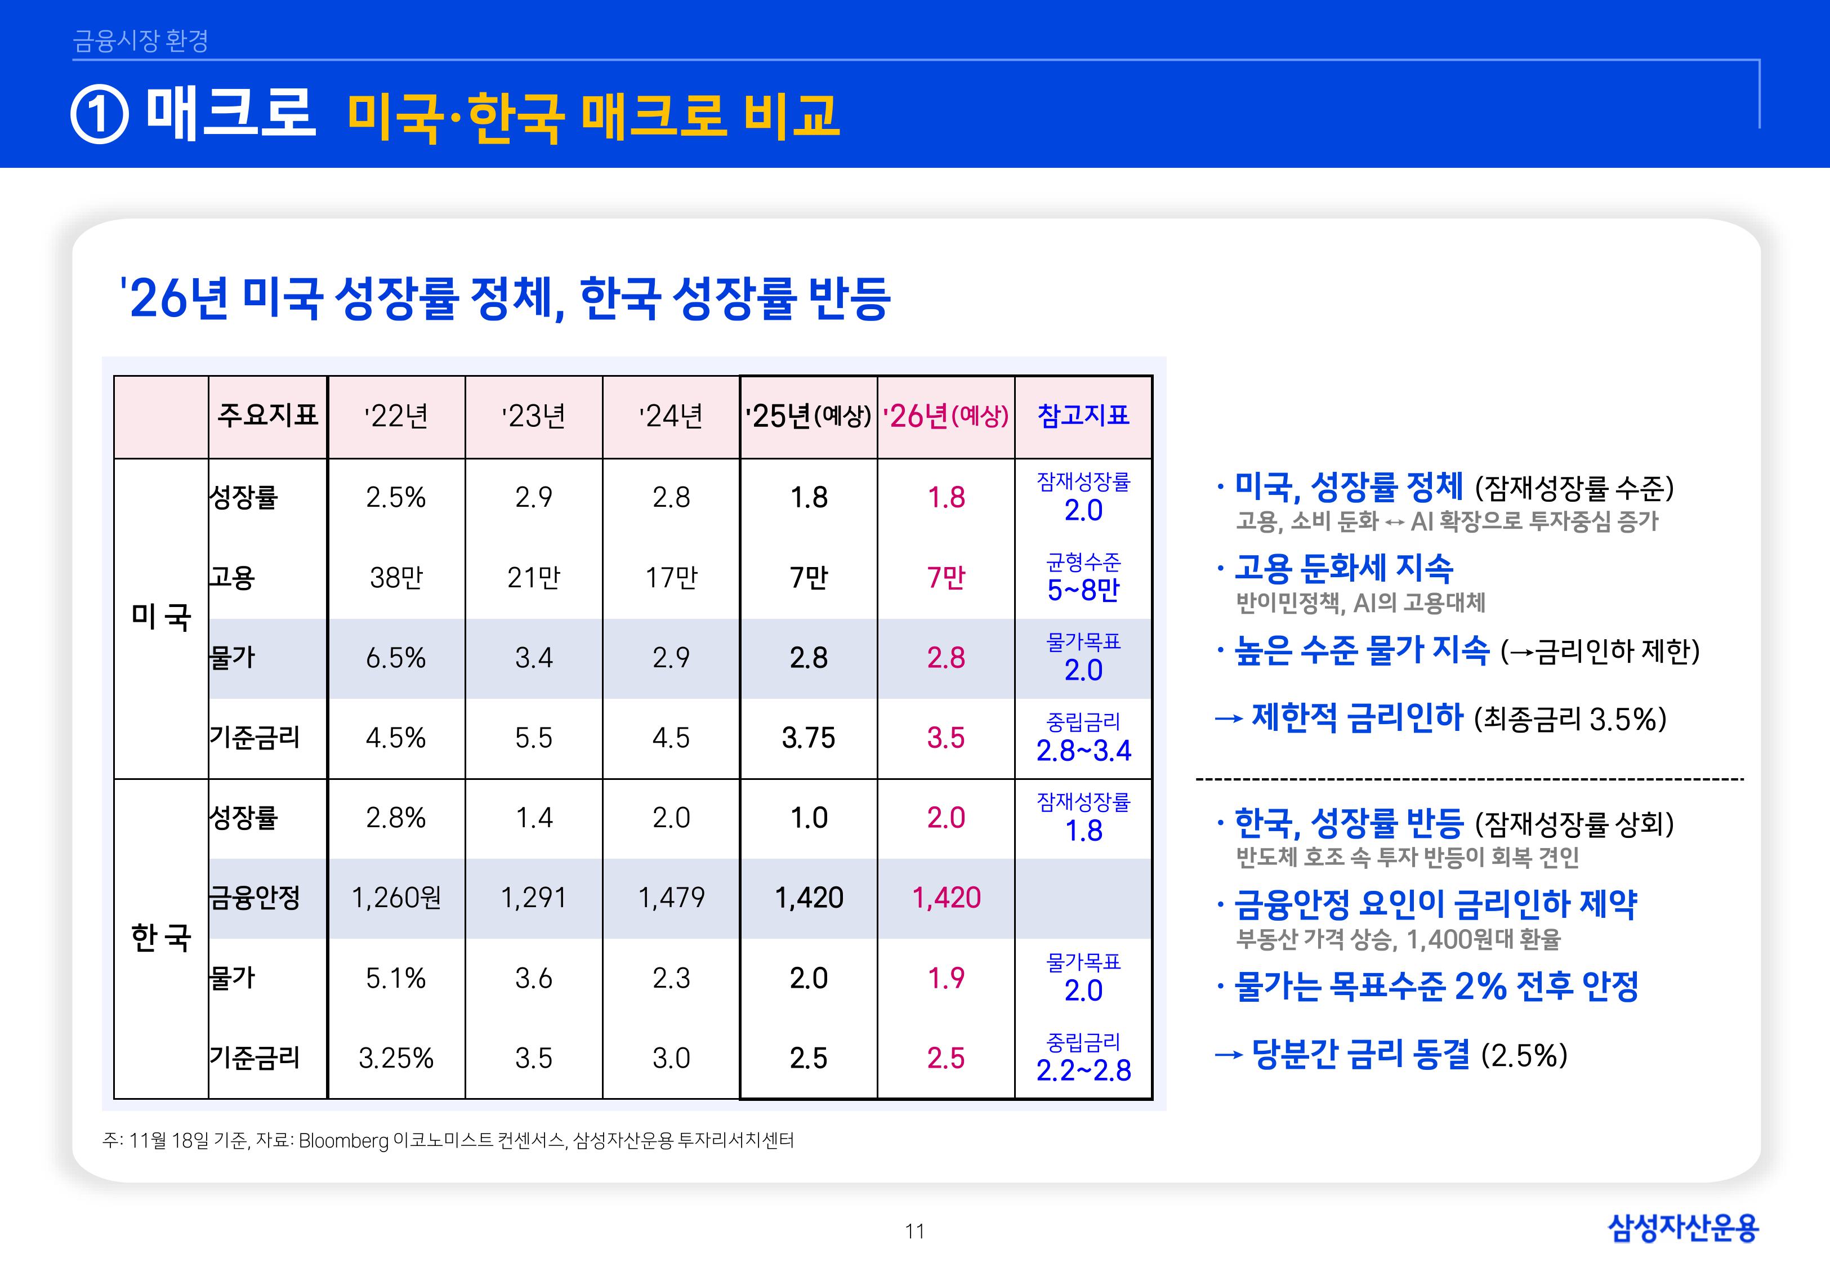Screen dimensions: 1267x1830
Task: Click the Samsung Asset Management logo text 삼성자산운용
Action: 1682,1228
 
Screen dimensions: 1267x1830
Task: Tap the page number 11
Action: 914,1232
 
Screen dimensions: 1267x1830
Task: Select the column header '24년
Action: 671,416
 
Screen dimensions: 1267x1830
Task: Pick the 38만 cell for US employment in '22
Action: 396,577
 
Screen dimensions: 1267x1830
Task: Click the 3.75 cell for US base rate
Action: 808,738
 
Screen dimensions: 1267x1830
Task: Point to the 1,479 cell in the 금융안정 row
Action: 671,898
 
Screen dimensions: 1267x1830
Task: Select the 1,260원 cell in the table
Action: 396,898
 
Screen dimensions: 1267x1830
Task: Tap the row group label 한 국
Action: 161,938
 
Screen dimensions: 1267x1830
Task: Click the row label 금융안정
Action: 254,898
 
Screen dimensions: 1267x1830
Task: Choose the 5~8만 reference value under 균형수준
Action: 1083,590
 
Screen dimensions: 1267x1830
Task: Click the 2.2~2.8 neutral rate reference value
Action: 1083,1070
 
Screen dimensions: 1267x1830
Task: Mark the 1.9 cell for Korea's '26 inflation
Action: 946,978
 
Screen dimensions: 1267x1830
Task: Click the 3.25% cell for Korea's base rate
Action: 396,1058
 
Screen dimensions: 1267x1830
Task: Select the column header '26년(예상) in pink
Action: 946,416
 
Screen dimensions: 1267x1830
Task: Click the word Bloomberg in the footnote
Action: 343,1141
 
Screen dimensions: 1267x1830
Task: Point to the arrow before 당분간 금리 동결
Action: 1228,1055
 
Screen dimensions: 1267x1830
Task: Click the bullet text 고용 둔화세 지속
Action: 1343,568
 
